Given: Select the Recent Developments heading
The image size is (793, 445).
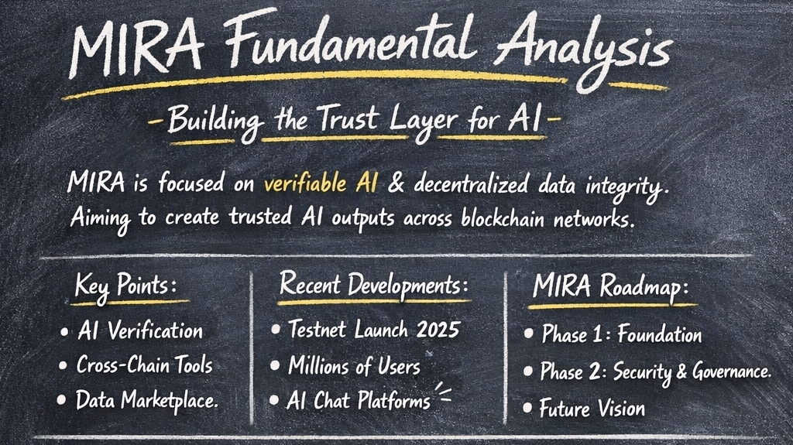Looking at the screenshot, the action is coord(375,285).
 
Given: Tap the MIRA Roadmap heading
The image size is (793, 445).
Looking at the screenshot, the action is coord(610,287).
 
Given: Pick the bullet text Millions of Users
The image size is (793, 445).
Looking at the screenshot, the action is coord(354,365).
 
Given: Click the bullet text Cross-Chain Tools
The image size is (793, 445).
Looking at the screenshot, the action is coord(144,365).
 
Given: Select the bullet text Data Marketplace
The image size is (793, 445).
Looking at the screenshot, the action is coord(146,399).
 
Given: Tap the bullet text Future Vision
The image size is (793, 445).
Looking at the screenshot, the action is coord(592,407).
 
